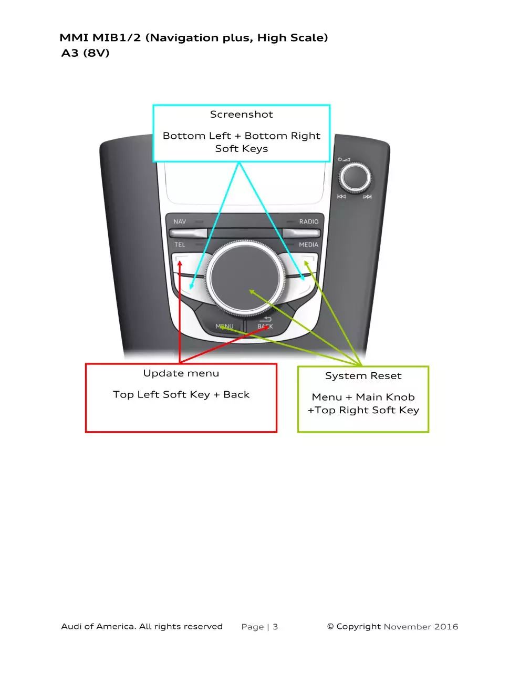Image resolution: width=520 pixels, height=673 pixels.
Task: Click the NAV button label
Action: [x=180, y=221]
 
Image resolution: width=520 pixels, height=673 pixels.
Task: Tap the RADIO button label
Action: [x=308, y=221]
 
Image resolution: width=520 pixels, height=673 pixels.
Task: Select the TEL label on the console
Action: [x=180, y=244]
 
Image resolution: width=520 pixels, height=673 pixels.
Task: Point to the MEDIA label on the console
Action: [x=308, y=244]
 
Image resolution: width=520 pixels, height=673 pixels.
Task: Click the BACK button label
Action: [x=265, y=326]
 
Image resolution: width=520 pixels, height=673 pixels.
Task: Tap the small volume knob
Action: [x=355, y=178]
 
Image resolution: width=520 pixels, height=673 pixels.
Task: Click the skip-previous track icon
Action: [x=341, y=196]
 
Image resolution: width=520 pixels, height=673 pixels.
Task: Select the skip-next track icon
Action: [x=367, y=196]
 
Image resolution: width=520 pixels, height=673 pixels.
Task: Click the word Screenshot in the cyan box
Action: [x=241, y=114]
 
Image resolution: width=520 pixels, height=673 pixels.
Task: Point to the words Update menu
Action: [x=181, y=373]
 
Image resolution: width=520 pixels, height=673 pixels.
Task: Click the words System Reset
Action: [x=363, y=376]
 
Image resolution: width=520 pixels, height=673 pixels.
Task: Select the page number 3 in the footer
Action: [x=275, y=627]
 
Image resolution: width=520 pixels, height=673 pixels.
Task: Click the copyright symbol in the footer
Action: [x=330, y=626]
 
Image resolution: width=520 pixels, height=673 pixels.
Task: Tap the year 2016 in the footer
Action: [x=446, y=627]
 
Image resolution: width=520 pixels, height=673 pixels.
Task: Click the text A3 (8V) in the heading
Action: [x=86, y=53]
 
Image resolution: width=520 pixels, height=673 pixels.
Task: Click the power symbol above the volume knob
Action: [x=339, y=159]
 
